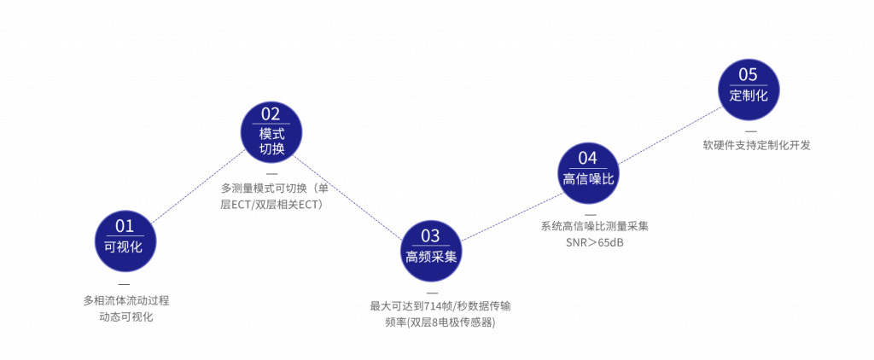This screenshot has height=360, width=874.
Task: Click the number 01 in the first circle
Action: coord(125,226)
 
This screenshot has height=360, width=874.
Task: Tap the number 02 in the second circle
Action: coord(271,114)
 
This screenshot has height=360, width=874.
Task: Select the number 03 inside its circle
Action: coord(431,235)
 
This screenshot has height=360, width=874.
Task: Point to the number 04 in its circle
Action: coord(587,158)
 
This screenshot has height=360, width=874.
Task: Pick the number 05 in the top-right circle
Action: coord(748,75)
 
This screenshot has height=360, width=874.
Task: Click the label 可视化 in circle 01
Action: coord(125,247)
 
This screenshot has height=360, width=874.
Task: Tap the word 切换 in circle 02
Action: coord(271,149)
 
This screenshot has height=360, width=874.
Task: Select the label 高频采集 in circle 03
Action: coord(431,256)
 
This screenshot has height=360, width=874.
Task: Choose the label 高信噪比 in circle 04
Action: coord(587,178)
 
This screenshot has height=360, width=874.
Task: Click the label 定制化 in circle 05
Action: coord(749,96)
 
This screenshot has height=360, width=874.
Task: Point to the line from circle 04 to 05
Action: coord(667,135)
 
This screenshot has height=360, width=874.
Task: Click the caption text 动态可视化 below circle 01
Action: coord(126,316)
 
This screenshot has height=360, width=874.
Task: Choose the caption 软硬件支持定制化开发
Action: coord(755,145)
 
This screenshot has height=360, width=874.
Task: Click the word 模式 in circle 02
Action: coord(271,133)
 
